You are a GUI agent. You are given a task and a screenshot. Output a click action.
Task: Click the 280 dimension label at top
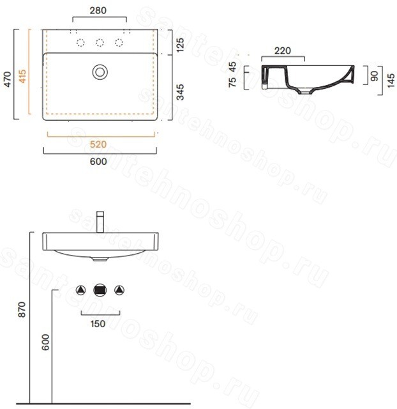coord(98,10)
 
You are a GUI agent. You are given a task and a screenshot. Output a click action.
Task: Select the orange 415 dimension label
coord(22,76)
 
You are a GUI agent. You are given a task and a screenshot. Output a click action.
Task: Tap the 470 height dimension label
coord(8,79)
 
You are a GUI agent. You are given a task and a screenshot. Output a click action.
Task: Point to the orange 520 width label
coord(98,144)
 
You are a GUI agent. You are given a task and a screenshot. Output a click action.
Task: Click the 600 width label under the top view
coord(98,162)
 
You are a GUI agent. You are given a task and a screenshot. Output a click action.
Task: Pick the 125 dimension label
coord(180,45)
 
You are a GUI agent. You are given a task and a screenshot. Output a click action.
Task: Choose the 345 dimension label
coord(180,92)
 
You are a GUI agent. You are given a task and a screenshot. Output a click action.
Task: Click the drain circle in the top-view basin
coord(100,72)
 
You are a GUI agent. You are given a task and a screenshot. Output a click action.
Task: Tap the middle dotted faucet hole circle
coord(100,42)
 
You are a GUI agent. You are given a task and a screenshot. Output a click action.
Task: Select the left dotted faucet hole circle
coord(80,42)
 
